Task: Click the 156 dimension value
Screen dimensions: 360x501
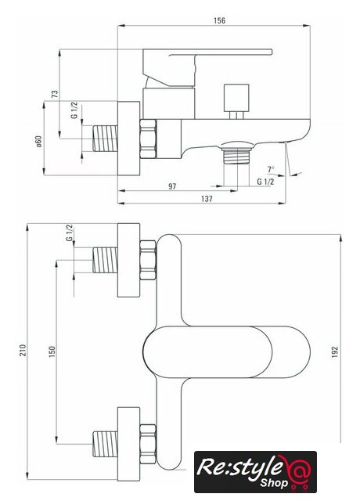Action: tap(219, 21)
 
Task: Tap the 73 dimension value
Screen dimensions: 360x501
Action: tap(55, 94)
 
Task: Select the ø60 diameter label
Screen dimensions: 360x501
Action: tap(38, 142)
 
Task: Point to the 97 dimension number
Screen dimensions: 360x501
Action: tap(172, 186)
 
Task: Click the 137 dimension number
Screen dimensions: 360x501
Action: tap(207, 199)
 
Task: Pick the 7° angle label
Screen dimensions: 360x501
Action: tap(271, 169)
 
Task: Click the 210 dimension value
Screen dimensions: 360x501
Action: tap(22, 351)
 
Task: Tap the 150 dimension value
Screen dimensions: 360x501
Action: tap(52, 351)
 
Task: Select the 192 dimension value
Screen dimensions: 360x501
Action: tap(335, 351)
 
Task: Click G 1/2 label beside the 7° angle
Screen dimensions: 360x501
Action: tap(265, 182)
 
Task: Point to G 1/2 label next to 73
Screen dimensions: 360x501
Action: tap(74, 110)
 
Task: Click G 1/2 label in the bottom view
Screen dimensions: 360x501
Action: tap(69, 233)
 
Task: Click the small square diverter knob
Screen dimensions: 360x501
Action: tap(236, 97)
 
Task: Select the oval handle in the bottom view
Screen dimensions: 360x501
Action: tap(227, 351)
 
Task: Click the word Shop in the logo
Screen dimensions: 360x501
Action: tap(274, 482)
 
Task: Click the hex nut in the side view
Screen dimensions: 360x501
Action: tap(148, 139)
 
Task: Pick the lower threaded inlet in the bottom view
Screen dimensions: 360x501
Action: tap(105, 444)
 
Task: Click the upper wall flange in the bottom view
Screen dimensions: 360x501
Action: tap(128, 260)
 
